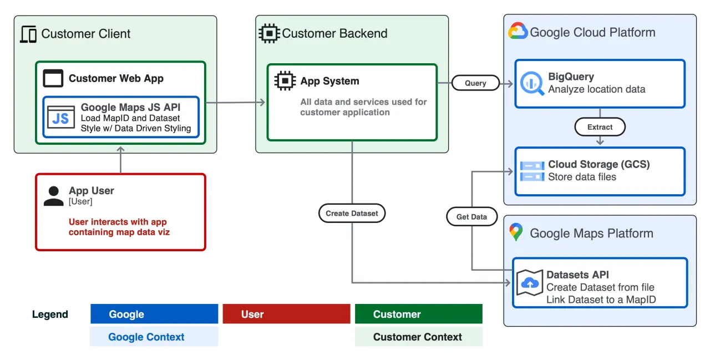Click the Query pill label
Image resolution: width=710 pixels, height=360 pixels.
475,83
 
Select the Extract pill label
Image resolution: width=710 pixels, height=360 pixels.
600,127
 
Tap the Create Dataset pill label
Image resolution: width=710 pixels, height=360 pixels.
352,214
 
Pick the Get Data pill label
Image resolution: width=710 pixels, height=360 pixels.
471,217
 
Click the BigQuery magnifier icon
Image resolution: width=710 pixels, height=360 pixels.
532,83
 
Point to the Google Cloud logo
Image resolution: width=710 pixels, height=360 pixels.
518,32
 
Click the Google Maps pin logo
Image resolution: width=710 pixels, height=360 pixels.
516,232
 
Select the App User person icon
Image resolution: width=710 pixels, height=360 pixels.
53,196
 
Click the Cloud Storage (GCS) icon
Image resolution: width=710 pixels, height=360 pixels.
532,171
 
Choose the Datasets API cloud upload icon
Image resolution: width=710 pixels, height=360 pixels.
530,283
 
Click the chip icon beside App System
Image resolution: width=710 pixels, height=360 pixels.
285,81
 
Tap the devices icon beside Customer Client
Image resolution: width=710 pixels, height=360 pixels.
28,34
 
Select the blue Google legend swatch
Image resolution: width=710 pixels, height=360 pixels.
154,314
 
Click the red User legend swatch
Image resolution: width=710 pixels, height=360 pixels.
286,314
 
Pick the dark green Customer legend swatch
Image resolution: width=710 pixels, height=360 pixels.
418,314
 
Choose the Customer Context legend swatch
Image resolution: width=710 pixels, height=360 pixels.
418,337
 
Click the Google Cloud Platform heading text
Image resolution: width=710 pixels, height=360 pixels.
592,32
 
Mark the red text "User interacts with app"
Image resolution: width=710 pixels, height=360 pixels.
118,222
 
